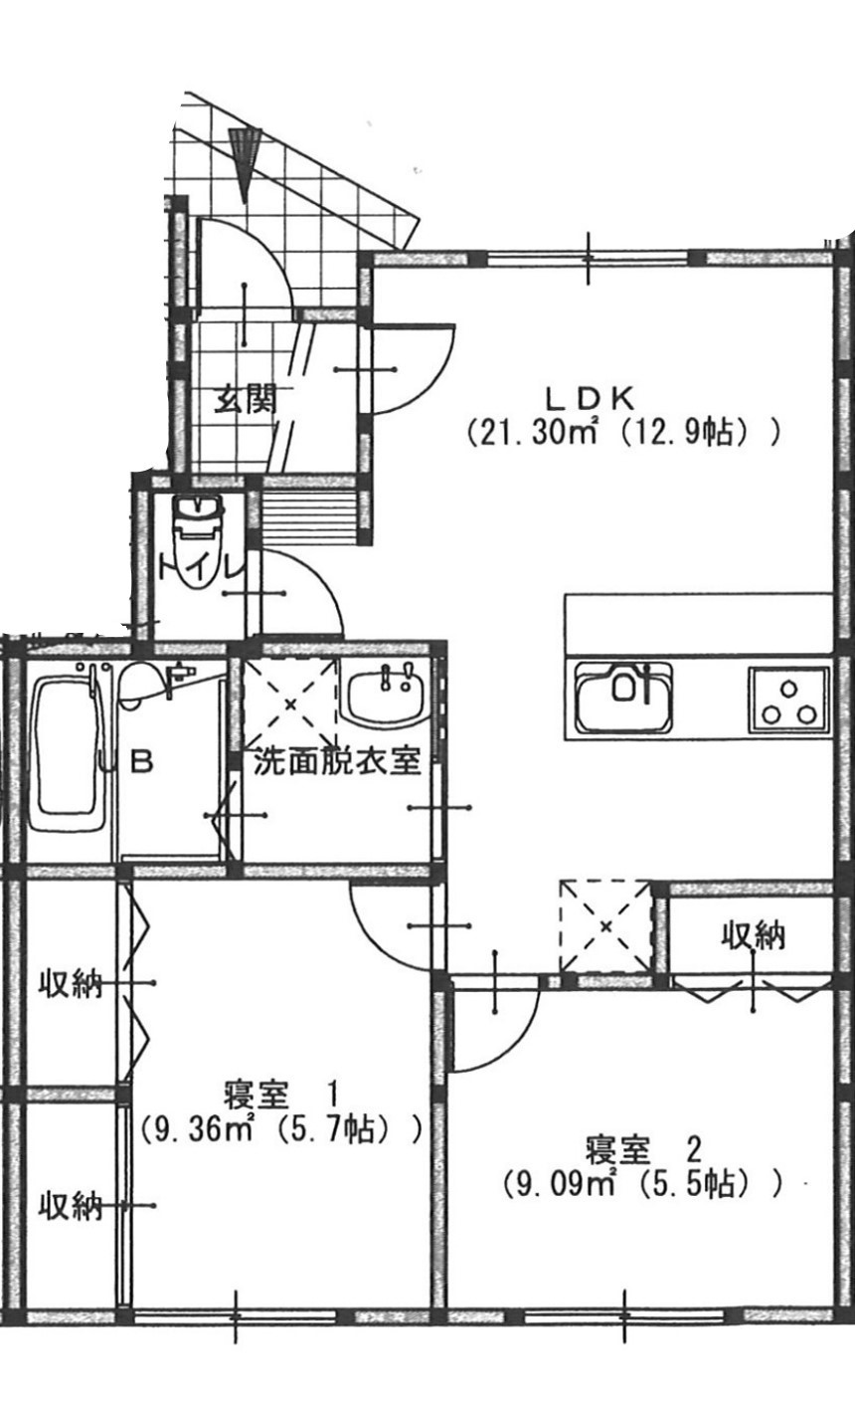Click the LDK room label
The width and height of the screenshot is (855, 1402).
pyautogui.click(x=591, y=398)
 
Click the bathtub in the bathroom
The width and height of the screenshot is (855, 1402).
pyautogui.click(x=69, y=755)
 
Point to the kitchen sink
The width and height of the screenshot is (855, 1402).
pyautogui.click(x=624, y=698)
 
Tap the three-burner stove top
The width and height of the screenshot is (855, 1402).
pyautogui.click(x=789, y=700)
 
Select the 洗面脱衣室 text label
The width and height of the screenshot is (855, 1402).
pyautogui.click(x=336, y=762)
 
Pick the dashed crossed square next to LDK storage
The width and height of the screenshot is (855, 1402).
pyautogui.click(x=605, y=927)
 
